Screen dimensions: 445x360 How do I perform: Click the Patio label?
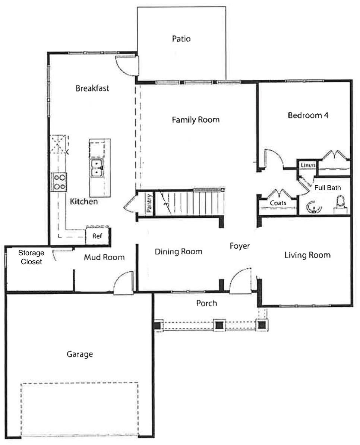181,39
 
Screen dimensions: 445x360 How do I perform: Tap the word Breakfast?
92,88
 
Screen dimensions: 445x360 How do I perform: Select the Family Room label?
195,120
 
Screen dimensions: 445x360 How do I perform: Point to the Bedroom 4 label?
308,115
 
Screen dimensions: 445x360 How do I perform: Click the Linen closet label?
308,165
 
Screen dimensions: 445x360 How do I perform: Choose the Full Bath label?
327,188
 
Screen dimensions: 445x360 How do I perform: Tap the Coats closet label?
278,203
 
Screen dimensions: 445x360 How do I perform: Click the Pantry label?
149,203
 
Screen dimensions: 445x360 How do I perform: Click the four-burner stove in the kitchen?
59,182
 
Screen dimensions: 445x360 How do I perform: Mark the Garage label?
79,354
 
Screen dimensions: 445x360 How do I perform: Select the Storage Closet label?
32,258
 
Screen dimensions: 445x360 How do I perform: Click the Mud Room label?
104,257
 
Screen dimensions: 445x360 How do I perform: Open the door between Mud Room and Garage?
123,283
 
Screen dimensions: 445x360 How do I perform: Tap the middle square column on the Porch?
219,325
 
